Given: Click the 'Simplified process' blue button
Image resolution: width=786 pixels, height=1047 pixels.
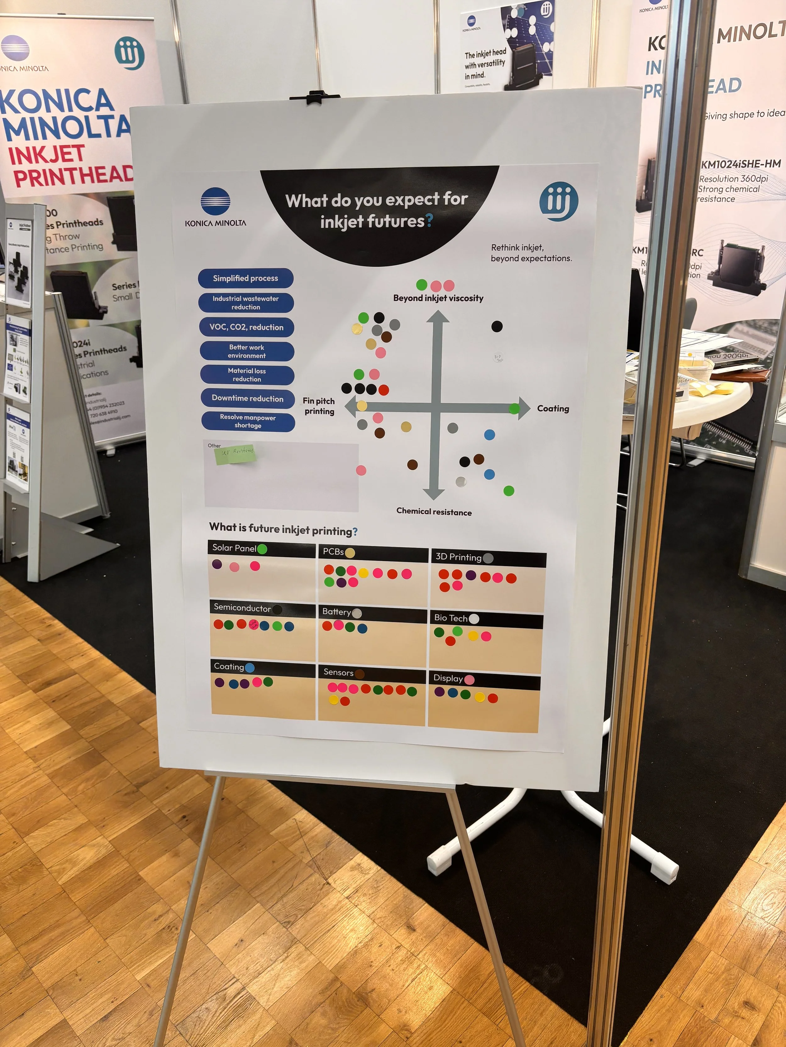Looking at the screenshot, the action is click(x=246, y=278).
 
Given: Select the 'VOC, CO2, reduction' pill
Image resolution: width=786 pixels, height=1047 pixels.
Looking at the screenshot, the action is click(x=246, y=327).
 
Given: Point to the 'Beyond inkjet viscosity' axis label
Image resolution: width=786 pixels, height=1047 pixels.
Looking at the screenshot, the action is click(x=438, y=298).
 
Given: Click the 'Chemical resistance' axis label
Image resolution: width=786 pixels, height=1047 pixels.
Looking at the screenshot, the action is click(x=434, y=512).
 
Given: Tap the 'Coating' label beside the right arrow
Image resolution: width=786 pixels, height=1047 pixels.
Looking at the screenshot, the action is click(x=553, y=408).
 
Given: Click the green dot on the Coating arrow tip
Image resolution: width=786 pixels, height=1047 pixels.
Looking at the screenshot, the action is click(x=514, y=408).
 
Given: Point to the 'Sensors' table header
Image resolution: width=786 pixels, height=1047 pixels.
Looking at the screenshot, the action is click(x=338, y=672).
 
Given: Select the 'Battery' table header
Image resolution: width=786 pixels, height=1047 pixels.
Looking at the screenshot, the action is click(x=336, y=612).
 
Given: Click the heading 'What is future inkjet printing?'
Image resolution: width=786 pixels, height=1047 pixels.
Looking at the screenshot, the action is click(x=283, y=529).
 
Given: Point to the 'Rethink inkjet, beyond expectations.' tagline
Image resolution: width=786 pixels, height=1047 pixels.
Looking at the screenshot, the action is click(x=531, y=253).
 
